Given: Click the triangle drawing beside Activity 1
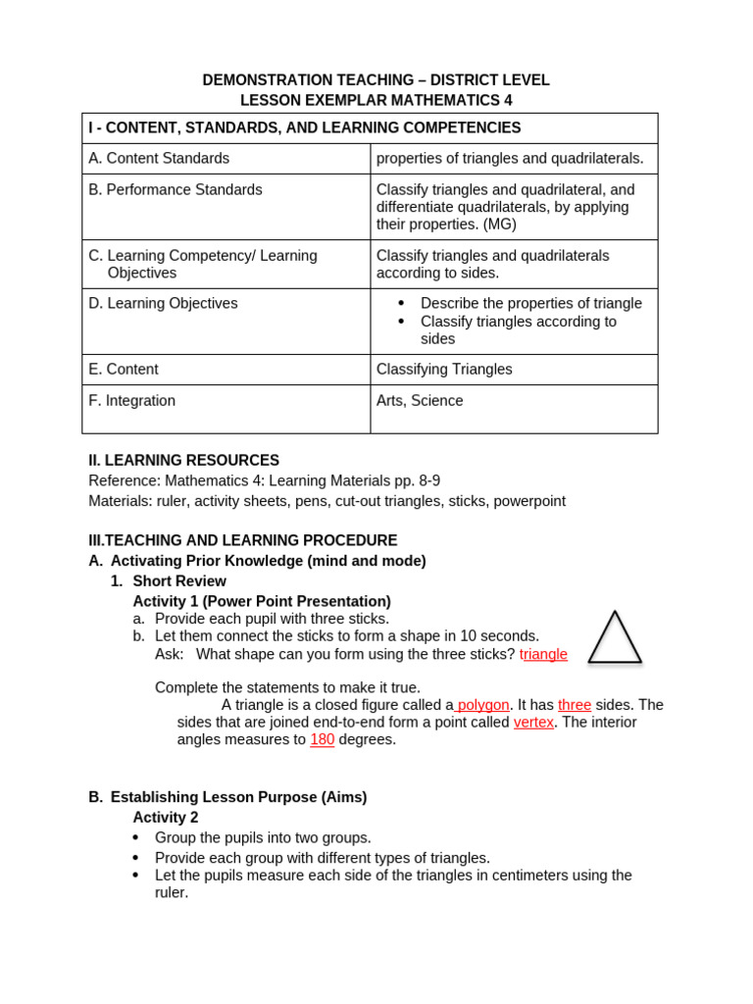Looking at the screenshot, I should click(615, 638).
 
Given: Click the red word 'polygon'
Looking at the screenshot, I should click(483, 705).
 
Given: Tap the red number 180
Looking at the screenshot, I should click(323, 739).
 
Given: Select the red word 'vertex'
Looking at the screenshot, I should click(533, 723).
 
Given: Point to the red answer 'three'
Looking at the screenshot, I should click(575, 705).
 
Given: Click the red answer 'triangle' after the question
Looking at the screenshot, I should click(543, 654).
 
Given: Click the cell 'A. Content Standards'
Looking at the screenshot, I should click(159, 159).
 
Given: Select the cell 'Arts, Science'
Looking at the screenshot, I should click(420, 401).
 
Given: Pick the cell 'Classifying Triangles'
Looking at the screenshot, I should click(444, 370).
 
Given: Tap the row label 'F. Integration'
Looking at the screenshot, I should click(132, 401).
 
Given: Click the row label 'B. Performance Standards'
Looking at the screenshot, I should click(176, 190).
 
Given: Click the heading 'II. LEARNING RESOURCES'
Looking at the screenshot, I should click(184, 461).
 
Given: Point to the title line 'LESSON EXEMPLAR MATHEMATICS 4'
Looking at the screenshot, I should click(376, 100).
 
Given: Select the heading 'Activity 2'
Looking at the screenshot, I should click(166, 818).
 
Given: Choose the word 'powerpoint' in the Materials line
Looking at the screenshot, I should click(529, 501).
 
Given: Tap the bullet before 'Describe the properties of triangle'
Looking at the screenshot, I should click(401, 304).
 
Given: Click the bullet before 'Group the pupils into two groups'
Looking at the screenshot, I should click(136, 838).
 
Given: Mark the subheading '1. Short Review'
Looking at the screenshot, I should click(169, 581).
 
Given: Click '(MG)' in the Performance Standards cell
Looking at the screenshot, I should click(498, 225).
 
